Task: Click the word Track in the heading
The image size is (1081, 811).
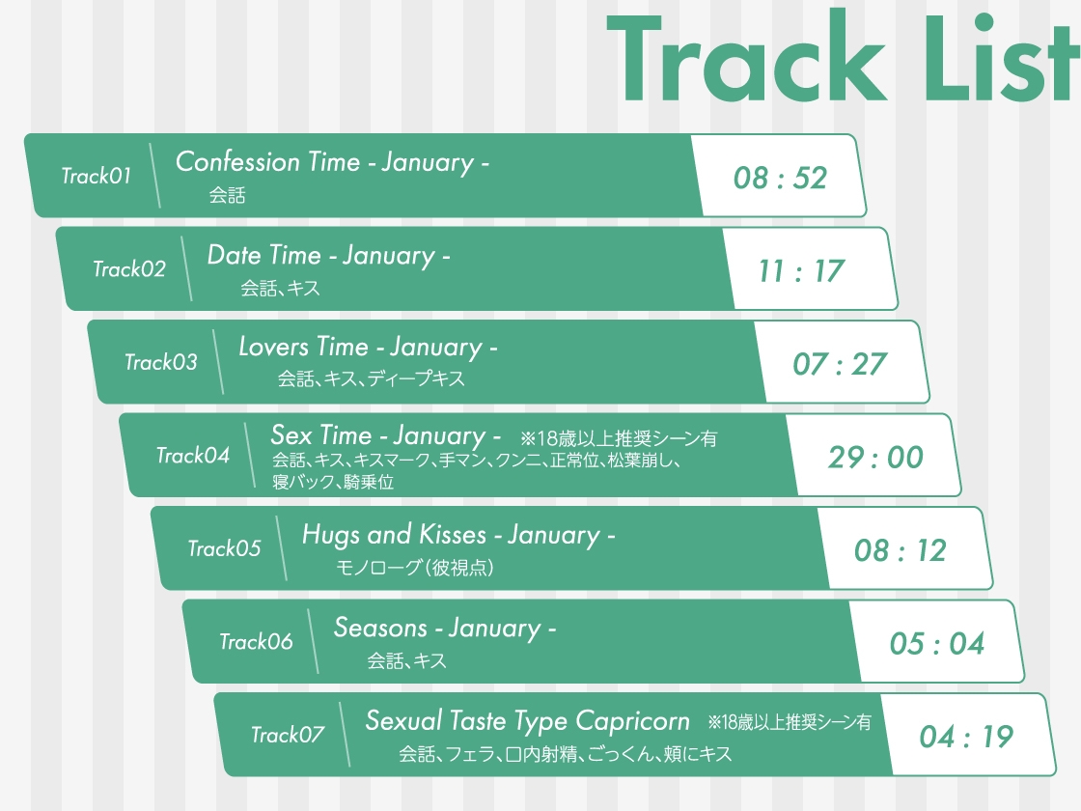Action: tap(749, 61)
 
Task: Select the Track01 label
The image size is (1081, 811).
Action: tap(96, 176)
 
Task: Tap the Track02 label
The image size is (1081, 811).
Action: tap(128, 269)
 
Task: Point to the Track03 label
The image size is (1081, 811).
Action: tap(160, 363)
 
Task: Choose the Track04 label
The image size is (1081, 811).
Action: tap(193, 456)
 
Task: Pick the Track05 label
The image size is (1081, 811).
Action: tap(224, 549)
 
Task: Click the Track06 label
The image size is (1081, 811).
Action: tap(256, 642)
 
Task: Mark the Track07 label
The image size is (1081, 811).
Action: tap(288, 736)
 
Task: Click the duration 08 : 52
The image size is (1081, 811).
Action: tap(780, 178)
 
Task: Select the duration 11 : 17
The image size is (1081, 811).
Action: tap(801, 271)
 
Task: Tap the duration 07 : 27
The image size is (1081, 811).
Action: tap(839, 364)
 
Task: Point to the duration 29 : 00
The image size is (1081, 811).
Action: tap(875, 458)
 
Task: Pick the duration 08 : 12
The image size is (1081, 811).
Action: tap(900, 550)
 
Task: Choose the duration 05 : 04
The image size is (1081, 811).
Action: tap(936, 644)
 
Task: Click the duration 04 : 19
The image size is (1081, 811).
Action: tap(966, 738)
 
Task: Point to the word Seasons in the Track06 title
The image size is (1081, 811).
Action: tap(380, 629)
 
